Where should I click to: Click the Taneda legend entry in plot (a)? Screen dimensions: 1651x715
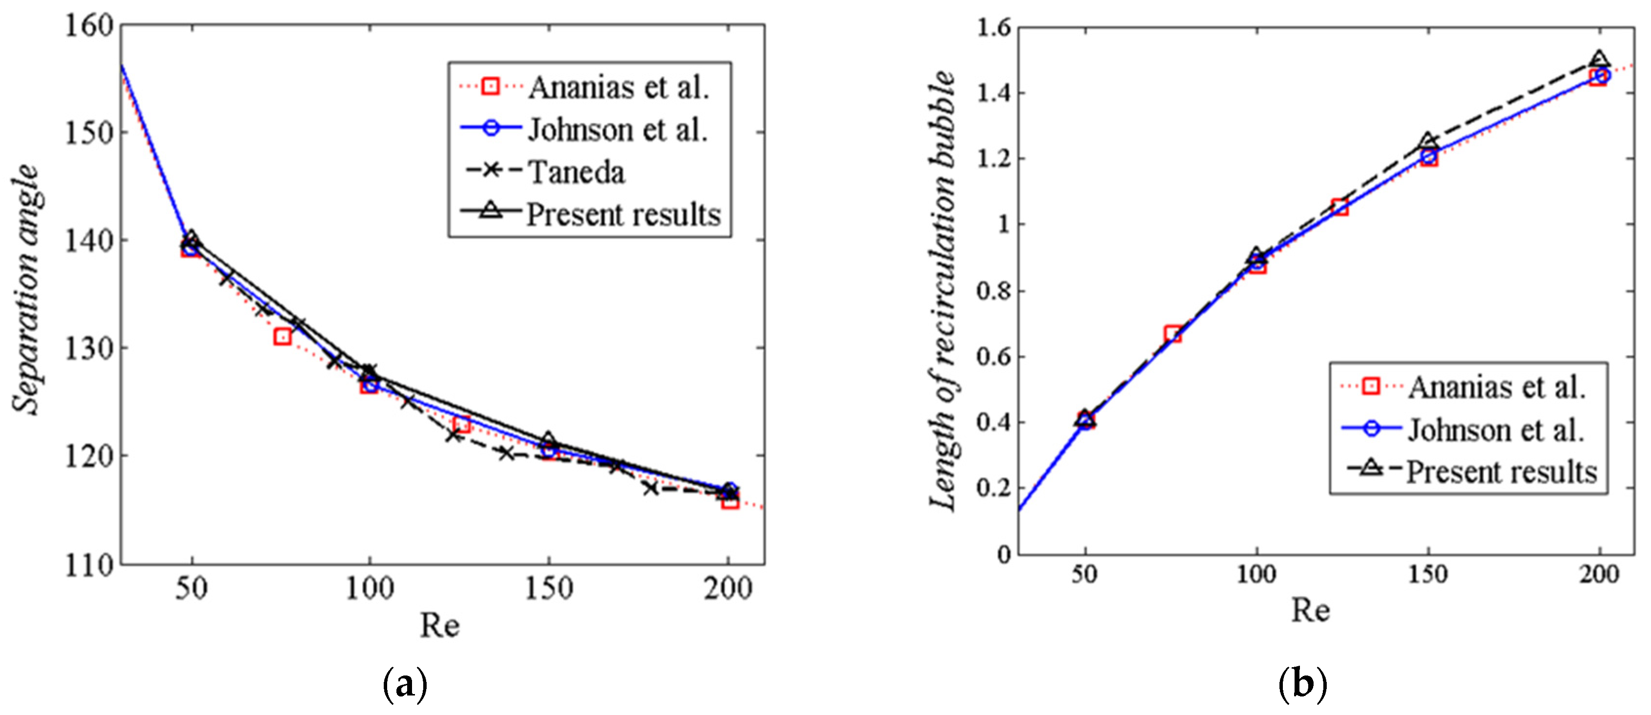tap(575, 172)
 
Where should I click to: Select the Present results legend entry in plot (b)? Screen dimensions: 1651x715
tap(1501, 472)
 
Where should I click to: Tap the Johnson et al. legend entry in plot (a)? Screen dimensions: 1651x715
tap(617, 130)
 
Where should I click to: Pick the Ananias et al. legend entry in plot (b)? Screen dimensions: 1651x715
tap(1496, 387)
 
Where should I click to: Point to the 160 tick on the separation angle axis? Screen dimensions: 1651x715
tap(89, 26)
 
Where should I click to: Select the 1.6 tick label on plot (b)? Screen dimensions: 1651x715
tap(993, 28)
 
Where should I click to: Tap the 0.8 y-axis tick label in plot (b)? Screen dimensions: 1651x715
tap(993, 291)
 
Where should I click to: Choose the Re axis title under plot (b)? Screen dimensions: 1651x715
tap(1310, 609)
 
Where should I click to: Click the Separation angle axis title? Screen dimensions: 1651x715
tap(26, 290)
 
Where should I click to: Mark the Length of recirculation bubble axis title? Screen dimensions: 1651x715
tap(942, 290)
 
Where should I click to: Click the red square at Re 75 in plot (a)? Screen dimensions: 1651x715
tap(283, 337)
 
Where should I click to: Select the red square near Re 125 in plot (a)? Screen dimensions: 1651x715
tap(461, 424)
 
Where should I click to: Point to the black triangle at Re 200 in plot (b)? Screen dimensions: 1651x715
tap(1600, 60)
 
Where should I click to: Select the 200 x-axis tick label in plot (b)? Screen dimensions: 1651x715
tap(1600, 574)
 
